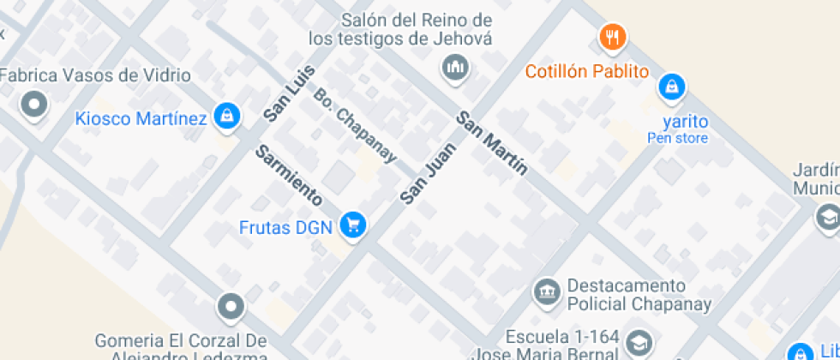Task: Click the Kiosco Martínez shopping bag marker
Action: click(x=227, y=117)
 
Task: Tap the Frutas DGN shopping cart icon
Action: click(x=352, y=225)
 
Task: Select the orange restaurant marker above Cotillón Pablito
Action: click(x=612, y=37)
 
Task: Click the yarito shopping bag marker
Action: click(x=672, y=86)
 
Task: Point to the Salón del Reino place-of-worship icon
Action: click(x=455, y=67)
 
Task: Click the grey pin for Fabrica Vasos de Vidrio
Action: click(x=35, y=105)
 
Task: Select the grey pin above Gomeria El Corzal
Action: click(x=231, y=305)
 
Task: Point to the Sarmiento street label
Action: click(x=289, y=177)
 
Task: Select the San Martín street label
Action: click(x=491, y=143)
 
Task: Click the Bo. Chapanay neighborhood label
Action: click(x=355, y=125)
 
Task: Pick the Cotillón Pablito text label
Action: click(x=587, y=72)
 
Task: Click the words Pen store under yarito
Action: click(x=677, y=138)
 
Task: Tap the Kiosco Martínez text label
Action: click(x=141, y=118)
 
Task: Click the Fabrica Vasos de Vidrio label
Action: click(x=94, y=75)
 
